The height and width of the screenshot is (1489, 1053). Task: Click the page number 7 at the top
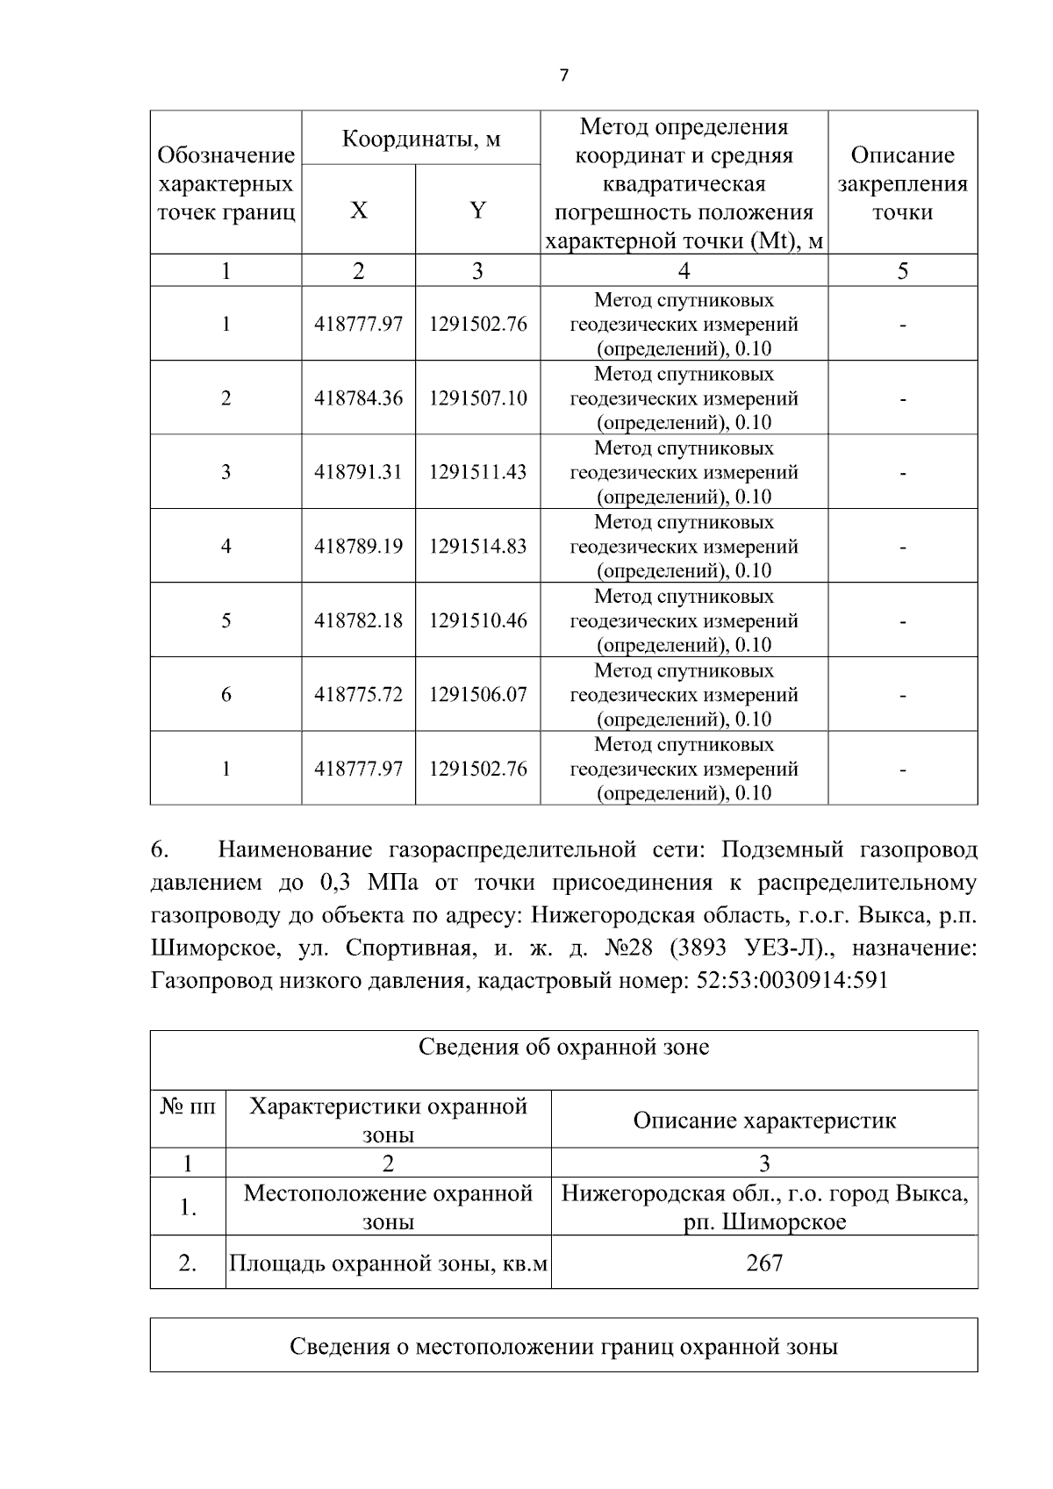click(563, 75)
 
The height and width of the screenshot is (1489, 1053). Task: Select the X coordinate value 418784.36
click(358, 398)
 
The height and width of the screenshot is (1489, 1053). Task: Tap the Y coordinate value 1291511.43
click(477, 472)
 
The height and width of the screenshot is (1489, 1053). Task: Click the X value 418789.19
click(358, 547)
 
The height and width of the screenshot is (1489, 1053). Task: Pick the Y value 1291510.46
click(477, 620)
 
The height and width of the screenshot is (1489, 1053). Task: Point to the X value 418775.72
click(358, 695)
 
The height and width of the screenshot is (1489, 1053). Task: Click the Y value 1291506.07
click(477, 695)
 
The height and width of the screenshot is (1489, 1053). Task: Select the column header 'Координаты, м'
click(420, 139)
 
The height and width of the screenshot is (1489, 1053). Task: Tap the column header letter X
click(359, 211)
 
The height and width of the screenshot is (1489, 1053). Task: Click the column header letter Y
click(477, 211)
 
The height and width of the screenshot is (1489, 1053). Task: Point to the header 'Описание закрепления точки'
click(902, 183)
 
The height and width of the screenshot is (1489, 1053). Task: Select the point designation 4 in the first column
click(226, 547)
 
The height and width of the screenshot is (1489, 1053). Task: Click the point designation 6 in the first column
click(226, 695)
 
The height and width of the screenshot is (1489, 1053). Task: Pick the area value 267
click(764, 1264)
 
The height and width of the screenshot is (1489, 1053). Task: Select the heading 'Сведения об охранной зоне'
click(563, 1047)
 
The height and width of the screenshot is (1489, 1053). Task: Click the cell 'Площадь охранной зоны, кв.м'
click(388, 1264)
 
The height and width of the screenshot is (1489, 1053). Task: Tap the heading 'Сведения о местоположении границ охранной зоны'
click(563, 1347)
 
